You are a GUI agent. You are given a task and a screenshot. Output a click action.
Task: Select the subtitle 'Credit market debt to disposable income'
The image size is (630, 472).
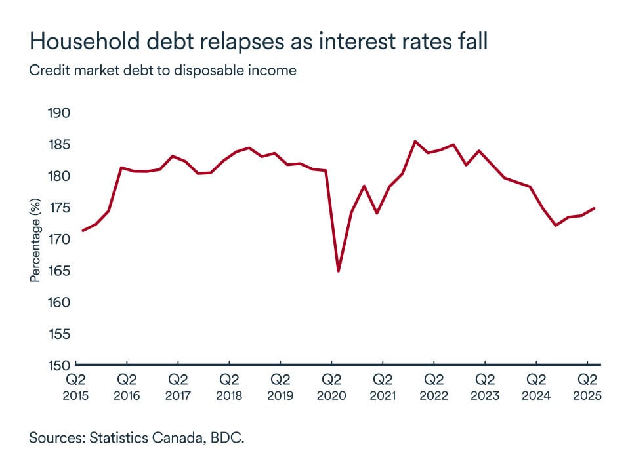pos(163,70)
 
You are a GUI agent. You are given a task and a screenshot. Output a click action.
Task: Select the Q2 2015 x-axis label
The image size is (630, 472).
pos(76,387)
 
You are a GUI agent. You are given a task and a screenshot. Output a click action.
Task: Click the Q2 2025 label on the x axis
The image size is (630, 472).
pos(586,387)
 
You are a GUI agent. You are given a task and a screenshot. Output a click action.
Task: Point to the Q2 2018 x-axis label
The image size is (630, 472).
pos(229,387)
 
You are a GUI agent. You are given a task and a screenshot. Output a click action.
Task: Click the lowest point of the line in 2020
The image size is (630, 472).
pos(339,271)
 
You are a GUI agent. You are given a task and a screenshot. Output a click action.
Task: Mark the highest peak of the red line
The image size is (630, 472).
pos(415,141)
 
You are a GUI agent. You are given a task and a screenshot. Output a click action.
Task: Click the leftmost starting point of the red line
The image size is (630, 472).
pos(83,230)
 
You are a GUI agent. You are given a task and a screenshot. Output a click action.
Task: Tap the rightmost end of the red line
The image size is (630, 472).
pos(594,208)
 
